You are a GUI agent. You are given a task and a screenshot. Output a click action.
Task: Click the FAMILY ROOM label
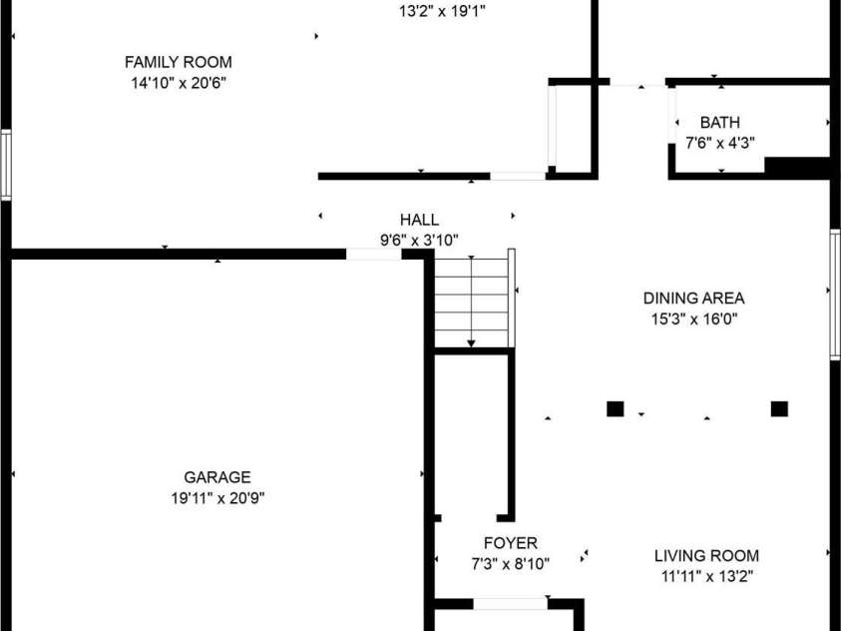[178, 62]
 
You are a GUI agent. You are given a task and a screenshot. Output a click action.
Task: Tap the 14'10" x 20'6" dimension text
[178, 83]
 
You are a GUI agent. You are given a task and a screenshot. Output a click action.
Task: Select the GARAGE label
[217, 477]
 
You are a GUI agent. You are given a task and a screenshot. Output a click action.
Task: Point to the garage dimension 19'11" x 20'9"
[217, 498]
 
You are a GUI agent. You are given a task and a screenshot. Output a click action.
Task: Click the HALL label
[419, 220]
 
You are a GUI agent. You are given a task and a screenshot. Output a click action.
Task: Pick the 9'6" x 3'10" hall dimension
[419, 241]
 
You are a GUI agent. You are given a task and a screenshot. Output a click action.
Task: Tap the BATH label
[719, 123]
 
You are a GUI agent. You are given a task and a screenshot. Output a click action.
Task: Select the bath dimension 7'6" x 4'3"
[720, 143]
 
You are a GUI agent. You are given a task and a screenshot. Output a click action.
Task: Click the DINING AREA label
[693, 299]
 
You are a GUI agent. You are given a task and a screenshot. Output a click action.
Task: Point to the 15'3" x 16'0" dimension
[694, 319]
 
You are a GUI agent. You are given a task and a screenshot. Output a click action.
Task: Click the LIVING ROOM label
[706, 556]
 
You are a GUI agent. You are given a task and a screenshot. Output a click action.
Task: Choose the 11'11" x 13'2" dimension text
[707, 577]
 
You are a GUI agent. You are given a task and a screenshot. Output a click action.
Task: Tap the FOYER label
[511, 543]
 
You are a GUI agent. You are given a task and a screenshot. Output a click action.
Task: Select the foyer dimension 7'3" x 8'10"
[511, 564]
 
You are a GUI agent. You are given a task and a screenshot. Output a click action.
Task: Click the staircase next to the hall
[471, 303]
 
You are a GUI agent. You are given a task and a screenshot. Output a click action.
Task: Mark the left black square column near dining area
[616, 409]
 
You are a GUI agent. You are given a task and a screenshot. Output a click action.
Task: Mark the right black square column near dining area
[779, 409]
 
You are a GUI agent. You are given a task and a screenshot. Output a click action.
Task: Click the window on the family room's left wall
[6, 165]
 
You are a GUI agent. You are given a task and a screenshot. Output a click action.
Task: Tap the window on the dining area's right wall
[835, 295]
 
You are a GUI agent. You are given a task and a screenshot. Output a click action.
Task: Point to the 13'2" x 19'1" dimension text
[443, 11]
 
